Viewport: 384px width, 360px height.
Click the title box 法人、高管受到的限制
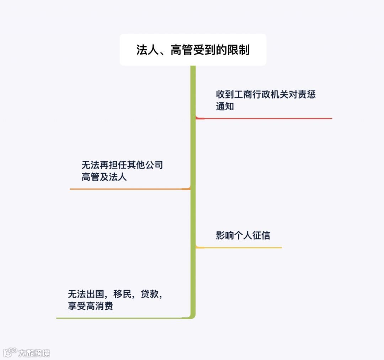click(x=193, y=50)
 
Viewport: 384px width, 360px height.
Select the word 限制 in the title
click(x=239, y=50)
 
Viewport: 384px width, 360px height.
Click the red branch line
click(x=267, y=118)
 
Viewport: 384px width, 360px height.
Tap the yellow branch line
click(x=242, y=247)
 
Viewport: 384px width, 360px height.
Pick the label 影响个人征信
click(x=243, y=235)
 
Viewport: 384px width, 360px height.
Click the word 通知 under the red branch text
click(x=225, y=106)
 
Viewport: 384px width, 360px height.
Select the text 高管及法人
click(x=104, y=177)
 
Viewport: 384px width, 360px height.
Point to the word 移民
click(x=123, y=294)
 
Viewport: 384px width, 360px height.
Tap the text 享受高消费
click(x=90, y=306)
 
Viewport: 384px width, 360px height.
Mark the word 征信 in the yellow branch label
click(x=261, y=235)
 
